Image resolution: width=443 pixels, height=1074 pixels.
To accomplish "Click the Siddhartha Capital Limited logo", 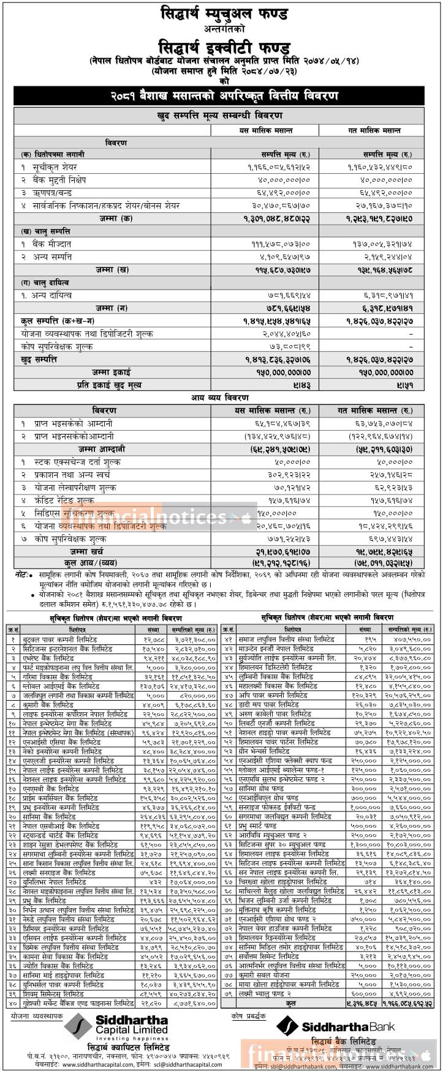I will pos(116,1024).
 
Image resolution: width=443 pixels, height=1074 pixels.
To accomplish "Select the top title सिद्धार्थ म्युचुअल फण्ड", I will pos(223,13).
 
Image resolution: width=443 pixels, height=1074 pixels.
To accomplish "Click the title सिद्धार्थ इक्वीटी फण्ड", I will pos(223,47).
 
